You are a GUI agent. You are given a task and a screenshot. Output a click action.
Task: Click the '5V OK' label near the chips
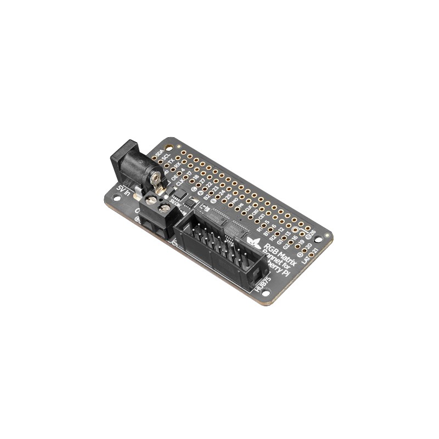(x=176, y=202)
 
